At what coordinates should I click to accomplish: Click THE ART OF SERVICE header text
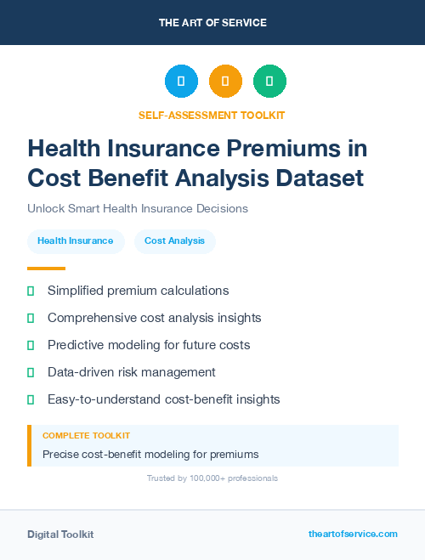[x=212, y=23]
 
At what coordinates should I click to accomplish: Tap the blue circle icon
[x=181, y=81]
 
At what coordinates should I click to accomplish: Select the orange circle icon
[x=225, y=81]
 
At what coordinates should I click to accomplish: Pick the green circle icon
[x=269, y=81]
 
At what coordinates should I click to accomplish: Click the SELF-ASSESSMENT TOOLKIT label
[x=212, y=115]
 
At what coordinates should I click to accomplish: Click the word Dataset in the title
[x=318, y=178]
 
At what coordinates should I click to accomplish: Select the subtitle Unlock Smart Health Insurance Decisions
[x=138, y=208]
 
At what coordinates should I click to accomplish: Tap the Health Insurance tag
[x=75, y=241]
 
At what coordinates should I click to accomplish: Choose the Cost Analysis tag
[x=174, y=241]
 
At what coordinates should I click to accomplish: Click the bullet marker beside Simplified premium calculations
[x=31, y=291]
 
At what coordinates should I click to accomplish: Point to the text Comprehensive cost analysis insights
[x=154, y=318]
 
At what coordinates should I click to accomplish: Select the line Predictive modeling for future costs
[x=149, y=345]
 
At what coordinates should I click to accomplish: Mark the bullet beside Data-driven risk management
[x=31, y=372]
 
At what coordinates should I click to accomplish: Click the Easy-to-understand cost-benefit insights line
[x=163, y=399]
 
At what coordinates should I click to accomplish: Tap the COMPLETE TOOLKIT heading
[x=86, y=435]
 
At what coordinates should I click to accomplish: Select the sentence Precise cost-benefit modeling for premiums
[x=150, y=454]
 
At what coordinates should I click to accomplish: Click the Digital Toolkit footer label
[x=60, y=535]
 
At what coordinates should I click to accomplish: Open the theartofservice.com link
[x=353, y=534]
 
